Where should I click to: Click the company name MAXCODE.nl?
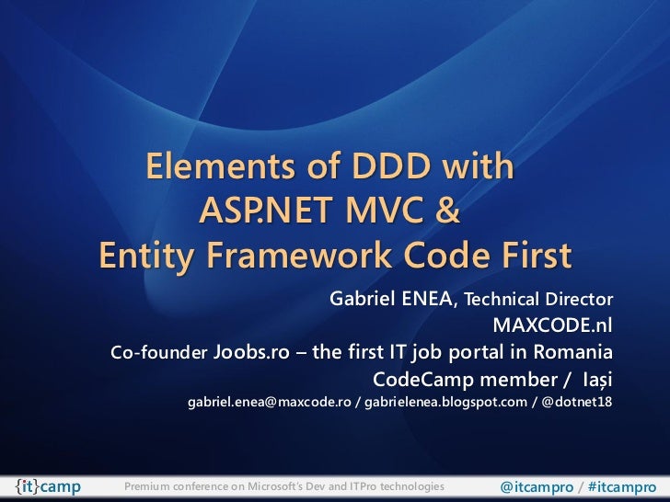tap(552, 326)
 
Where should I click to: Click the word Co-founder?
tap(158, 354)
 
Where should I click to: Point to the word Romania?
tap(572, 353)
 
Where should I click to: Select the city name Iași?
tap(595, 379)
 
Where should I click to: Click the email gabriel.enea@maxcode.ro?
tap(269, 403)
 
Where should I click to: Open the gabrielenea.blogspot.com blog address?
tap(445, 403)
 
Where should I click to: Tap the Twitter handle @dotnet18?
tap(576, 403)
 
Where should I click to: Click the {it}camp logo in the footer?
tap(47, 485)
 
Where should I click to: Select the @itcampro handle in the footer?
tap(537, 485)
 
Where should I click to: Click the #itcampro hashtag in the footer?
tap(621, 485)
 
